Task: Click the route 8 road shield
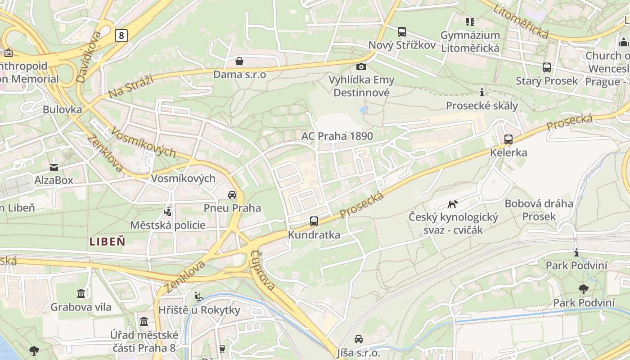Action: click(121, 36)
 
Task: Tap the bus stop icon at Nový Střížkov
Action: click(402, 32)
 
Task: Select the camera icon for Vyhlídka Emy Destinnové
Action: click(361, 67)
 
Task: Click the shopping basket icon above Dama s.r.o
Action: click(239, 61)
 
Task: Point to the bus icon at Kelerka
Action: click(508, 139)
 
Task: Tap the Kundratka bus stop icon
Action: click(314, 221)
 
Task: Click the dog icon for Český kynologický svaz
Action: click(453, 204)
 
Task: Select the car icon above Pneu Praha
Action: click(232, 195)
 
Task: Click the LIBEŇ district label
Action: click(107, 241)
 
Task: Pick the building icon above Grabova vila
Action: click(81, 294)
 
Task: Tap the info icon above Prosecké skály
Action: click(482, 93)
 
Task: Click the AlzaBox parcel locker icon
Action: click(54, 167)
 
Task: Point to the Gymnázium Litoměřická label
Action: click(470, 41)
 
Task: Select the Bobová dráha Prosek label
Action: click(539, 210)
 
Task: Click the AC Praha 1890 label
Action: click(337, 136)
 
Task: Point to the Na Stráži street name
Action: click(131, 86)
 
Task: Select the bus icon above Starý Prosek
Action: click(547, 67)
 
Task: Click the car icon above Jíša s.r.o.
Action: click(358, 339)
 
